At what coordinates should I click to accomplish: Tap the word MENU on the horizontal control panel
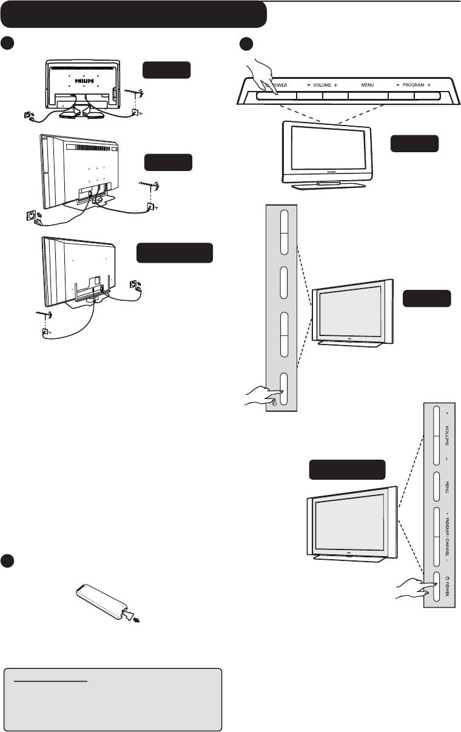click(367, 86)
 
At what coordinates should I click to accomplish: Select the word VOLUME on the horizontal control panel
click(322, 86)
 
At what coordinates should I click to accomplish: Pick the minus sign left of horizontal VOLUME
click(308, 86)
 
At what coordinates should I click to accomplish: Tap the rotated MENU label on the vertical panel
click(447, 487)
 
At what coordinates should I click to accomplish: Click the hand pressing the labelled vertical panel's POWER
click(412, 589)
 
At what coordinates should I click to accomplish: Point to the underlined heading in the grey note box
click(52, 681)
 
